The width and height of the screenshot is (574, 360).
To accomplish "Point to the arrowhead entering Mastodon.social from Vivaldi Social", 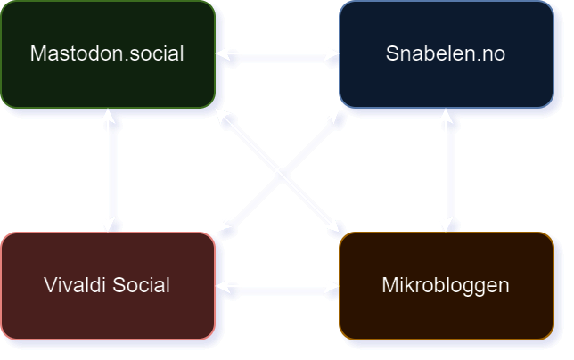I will click(x=111, y=116).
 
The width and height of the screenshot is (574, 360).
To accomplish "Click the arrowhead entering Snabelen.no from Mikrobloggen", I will click(x=449, y=116).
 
